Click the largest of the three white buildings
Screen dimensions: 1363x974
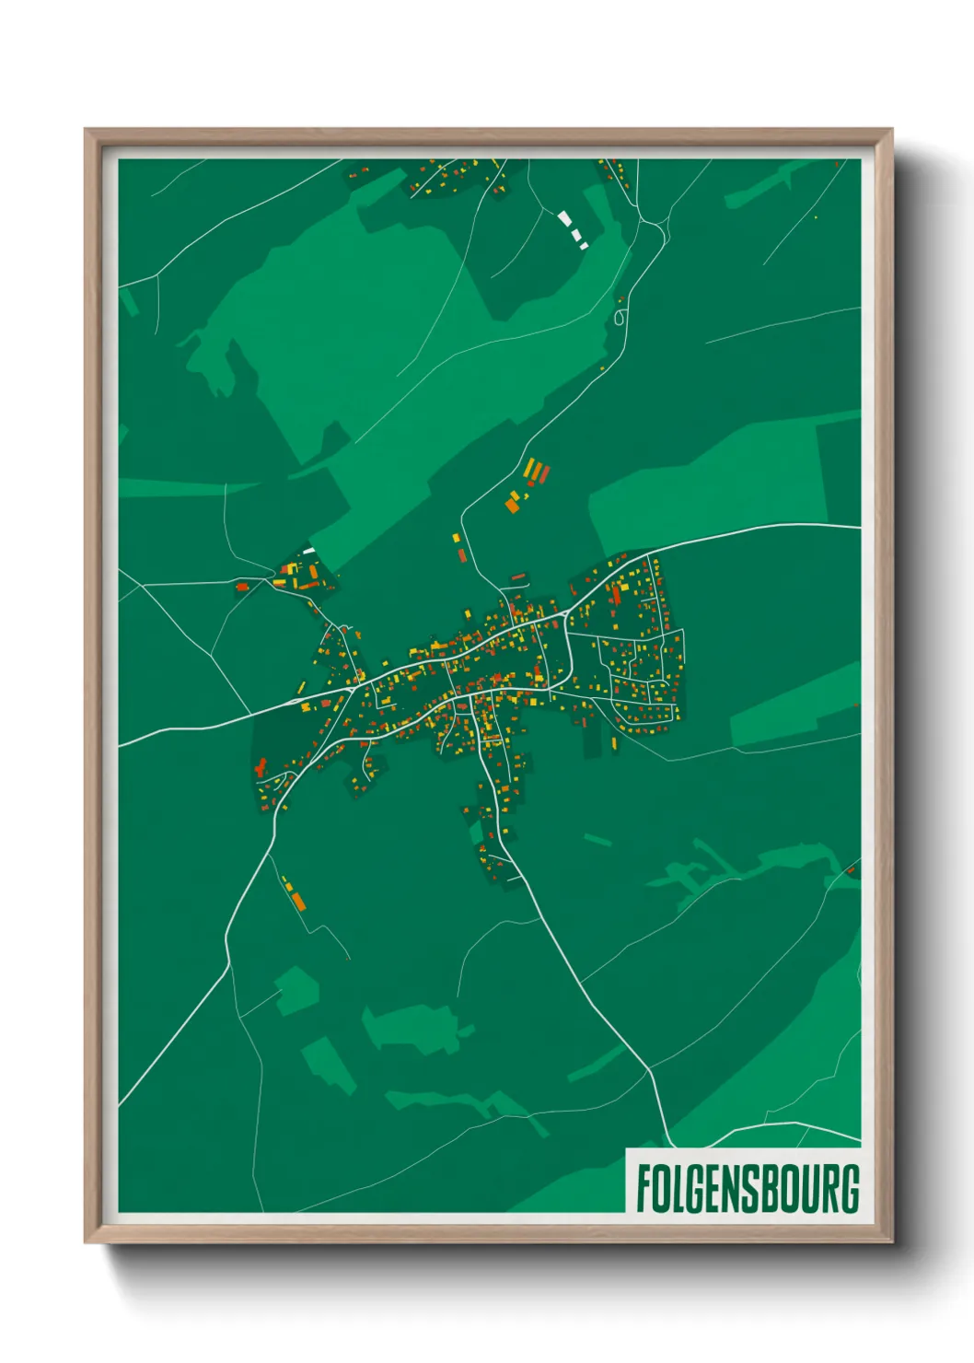tap(564, 219)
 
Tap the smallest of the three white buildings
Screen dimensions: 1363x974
tap(584, 246)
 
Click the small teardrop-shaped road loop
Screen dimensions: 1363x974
tap(620, 317)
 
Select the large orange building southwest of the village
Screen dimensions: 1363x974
tap(297, 899)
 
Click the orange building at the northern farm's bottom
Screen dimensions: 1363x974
tap(512, 505)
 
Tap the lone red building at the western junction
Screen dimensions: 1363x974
tap(243, 586)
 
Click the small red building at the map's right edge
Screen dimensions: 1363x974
tap(850, 869)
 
